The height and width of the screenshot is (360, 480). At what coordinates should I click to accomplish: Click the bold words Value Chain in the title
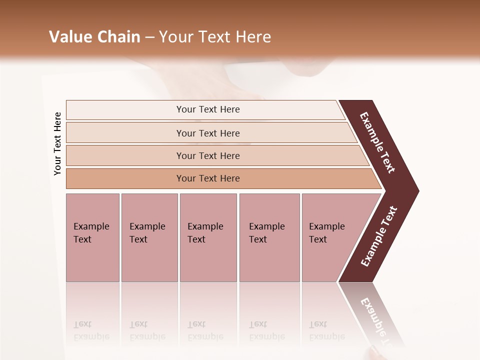tap(94, 37)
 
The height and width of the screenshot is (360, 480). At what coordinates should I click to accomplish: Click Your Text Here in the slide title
tap(215, 37)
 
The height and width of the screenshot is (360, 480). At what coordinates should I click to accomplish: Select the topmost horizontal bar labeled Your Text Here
tap(207, 109)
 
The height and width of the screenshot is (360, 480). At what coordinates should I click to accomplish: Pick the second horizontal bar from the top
tap(207, 133)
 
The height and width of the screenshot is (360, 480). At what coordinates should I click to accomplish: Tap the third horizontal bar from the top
tap(207, 155)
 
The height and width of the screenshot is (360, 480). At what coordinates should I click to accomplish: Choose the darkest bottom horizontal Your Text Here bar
tap(207, 178)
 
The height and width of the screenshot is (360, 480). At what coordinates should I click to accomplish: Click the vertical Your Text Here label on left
tap(57, 143)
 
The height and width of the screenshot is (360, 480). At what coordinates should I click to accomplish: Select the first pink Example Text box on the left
tap(92, 237)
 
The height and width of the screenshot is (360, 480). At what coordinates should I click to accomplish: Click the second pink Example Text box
tap(149, 237)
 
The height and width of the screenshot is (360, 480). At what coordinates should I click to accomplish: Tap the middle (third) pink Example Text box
tap(208, 237)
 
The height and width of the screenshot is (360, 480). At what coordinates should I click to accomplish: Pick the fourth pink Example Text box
tap(269, 237)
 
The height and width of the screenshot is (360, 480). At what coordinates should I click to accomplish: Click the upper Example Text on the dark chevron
tap(377, 142)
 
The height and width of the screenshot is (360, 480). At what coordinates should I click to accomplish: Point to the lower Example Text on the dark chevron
tap(379, 236)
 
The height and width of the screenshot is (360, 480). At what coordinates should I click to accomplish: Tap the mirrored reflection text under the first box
tap(91, 330)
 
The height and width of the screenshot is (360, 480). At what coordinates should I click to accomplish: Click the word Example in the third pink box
tap(205, 226)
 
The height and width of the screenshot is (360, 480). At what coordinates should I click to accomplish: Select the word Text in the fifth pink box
tap(318, 239)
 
